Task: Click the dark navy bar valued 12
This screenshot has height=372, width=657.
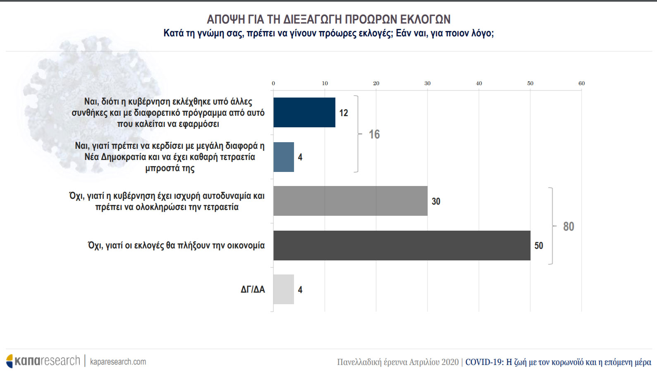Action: pyautogui.click(x=304, y=112)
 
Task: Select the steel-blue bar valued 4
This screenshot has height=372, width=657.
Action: pyautogui.click(x=284, y=157)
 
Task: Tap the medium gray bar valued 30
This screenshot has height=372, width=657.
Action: pyautogui.click(x=350, y=201)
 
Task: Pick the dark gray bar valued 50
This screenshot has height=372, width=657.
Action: pyautogui.click(x=401, y=246)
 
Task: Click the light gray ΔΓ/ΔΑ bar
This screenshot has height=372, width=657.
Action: pyautogui.click(x=284, y=289)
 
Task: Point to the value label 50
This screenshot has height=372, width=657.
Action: pyautogui.click(x=539, y=246)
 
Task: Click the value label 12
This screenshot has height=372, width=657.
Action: pyautogui.click(x=344, y=113)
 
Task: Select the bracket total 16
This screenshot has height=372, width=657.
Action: pyautogui.click(x=374, y=134)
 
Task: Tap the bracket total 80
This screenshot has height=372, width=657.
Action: pyautogui.click(x=569, y=227)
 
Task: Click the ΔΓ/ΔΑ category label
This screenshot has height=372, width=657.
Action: pyautogui.click(x=253, y=290)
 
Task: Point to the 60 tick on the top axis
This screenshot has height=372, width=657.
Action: pyautogui.click(x=581, y=83)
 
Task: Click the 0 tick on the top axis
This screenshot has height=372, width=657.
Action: pyautogui.click(x=273, y=83)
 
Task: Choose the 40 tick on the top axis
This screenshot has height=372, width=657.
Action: pyautogui.click(x=479, y=83)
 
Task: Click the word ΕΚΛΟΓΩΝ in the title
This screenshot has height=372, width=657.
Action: pyautogui.click(x=425, y=19)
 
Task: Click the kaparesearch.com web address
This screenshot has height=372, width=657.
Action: pyautogui.click(x=118, y=362)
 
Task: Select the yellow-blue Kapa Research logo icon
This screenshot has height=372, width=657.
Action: pyautogui.click(x=10, y=361)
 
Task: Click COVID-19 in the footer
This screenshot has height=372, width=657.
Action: pyautogui.click(x=484, y=362)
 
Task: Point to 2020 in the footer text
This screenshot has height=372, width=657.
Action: pyautogui.click(x=450, y=362)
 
